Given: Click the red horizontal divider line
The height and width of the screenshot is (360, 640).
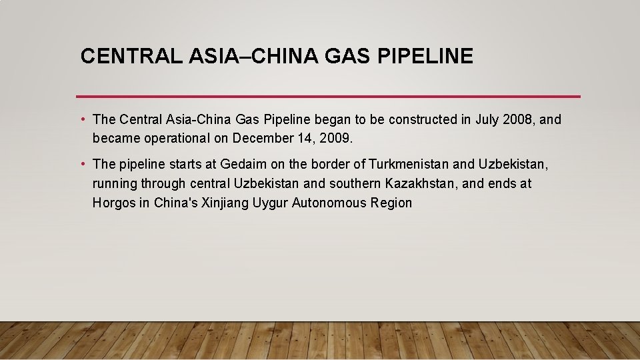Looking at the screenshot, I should point(328,96).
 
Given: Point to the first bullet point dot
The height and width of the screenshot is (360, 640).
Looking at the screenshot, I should point(82,119).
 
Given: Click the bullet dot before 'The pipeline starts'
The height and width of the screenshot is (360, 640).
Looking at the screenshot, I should point(82,163).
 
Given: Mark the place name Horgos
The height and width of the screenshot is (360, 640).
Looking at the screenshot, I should point(113,203).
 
